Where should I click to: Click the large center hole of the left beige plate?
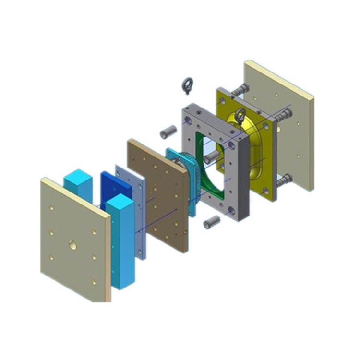click(x=72, y=245)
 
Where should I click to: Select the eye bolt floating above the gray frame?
click(x=187, y=86)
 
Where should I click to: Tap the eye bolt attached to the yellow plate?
click(x=240, y=116)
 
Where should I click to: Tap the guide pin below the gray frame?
click(x=212, y=222)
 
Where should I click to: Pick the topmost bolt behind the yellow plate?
click(x=240, y=89)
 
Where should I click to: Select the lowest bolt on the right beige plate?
click(x=284, y=180)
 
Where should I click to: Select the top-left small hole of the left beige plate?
click(x=50, y=208)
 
